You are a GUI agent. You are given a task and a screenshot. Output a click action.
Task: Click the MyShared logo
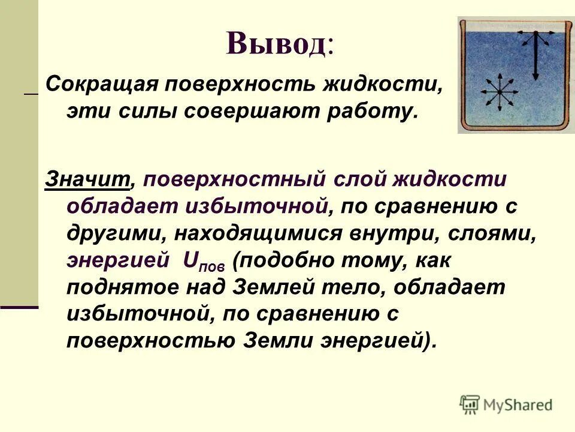pos(507,404)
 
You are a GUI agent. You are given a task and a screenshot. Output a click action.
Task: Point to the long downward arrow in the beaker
pos(535,57)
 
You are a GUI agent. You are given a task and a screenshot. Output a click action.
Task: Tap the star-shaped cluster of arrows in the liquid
pos(496,94)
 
